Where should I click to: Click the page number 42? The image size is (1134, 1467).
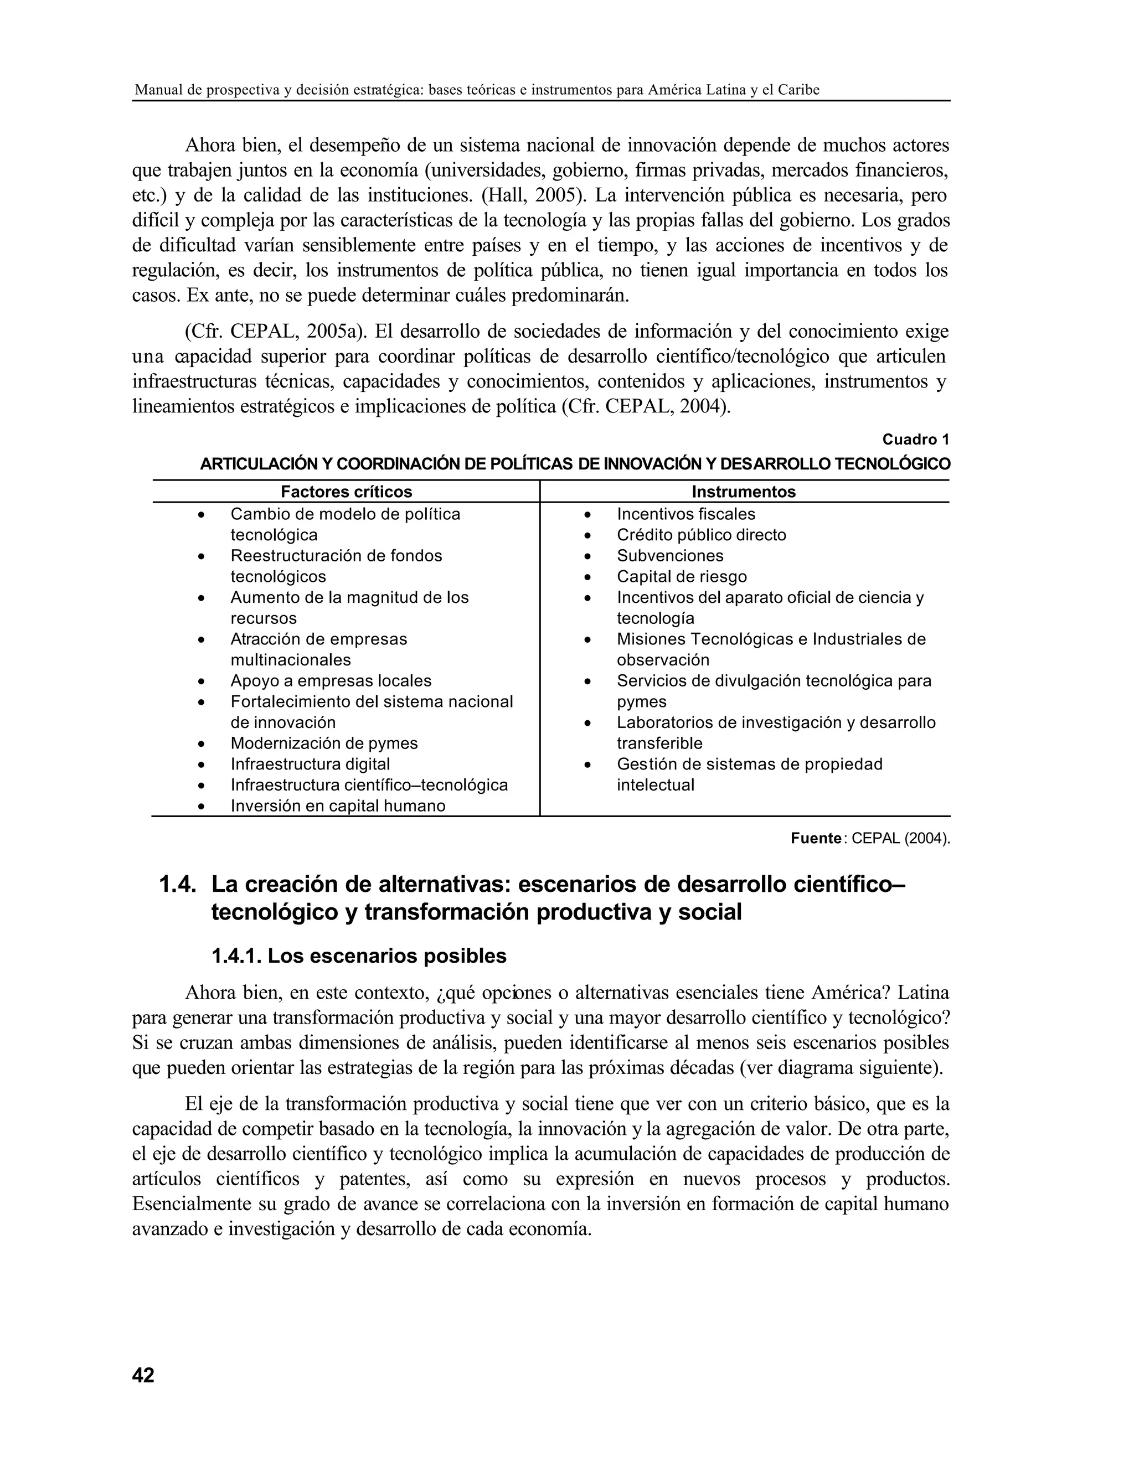[143, 1375]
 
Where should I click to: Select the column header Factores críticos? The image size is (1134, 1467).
[346, 492]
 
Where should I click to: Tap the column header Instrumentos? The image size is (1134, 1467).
[744, 492]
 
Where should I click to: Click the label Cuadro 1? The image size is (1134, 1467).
[915, 440]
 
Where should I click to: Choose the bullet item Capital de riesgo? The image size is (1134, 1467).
[681, 576]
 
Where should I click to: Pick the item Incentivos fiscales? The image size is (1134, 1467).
[686, 514]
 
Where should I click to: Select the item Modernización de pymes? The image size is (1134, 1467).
[324, 743]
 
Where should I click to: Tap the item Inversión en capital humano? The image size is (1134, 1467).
[338, 805]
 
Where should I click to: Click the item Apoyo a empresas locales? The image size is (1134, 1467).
[331, 680]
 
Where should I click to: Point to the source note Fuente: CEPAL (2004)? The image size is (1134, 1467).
[870, 838]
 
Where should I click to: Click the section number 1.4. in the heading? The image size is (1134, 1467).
[177, 884]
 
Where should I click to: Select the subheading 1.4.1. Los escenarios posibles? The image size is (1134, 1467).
[359, 956]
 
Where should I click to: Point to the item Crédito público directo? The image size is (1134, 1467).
[702, 535]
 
